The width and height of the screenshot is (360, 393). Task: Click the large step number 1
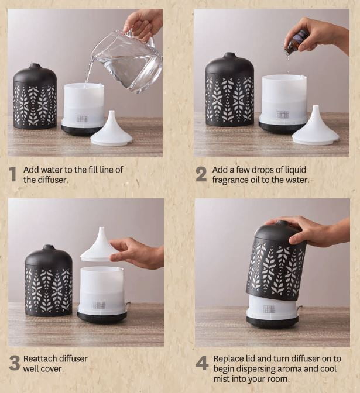tap(13, 174)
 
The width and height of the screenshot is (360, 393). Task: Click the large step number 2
tap(201, 174)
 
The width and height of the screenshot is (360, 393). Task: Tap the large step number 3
tap(15, 363)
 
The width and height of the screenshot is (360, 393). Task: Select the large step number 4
tap(202, 363)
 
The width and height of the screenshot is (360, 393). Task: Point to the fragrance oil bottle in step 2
tap(295, 42)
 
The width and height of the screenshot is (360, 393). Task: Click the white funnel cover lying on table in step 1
tap(111, 130)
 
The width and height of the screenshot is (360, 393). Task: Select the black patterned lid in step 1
tap(35, 97)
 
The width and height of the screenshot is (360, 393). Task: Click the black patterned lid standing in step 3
tap(49, 281)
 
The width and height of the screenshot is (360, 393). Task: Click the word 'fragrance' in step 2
tap(231, 180)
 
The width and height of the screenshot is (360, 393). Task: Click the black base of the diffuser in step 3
tap(102, 318)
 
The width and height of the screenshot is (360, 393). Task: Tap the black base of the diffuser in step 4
tap(272, 322)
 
